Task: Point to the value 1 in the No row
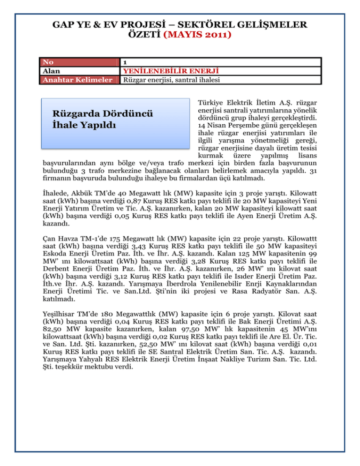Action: [124, 62]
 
